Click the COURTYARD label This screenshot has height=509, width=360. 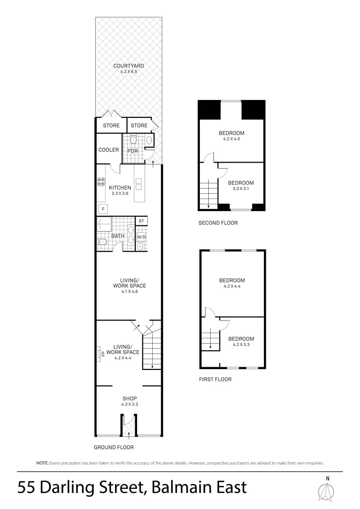click(x=129, y=66)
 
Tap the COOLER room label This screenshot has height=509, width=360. click(x=108, y=150)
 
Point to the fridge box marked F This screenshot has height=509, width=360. click(x=102, y=209)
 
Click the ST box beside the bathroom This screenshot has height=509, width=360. click(x=141, y=221)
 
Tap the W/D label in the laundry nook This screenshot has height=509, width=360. click(x=141, y=237)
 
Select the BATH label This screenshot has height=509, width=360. click(x=117, y=236)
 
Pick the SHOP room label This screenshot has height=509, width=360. click(x=129, y=398)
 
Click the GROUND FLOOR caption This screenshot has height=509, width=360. click(x=114, y=447)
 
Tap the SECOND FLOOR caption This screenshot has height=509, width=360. click(x=218, y=223)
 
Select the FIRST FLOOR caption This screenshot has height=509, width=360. click(x=215, y=379)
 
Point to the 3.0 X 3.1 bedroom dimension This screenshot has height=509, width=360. click(x=241, y=189)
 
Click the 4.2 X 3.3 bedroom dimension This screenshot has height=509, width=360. click(x=241, y=345)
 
